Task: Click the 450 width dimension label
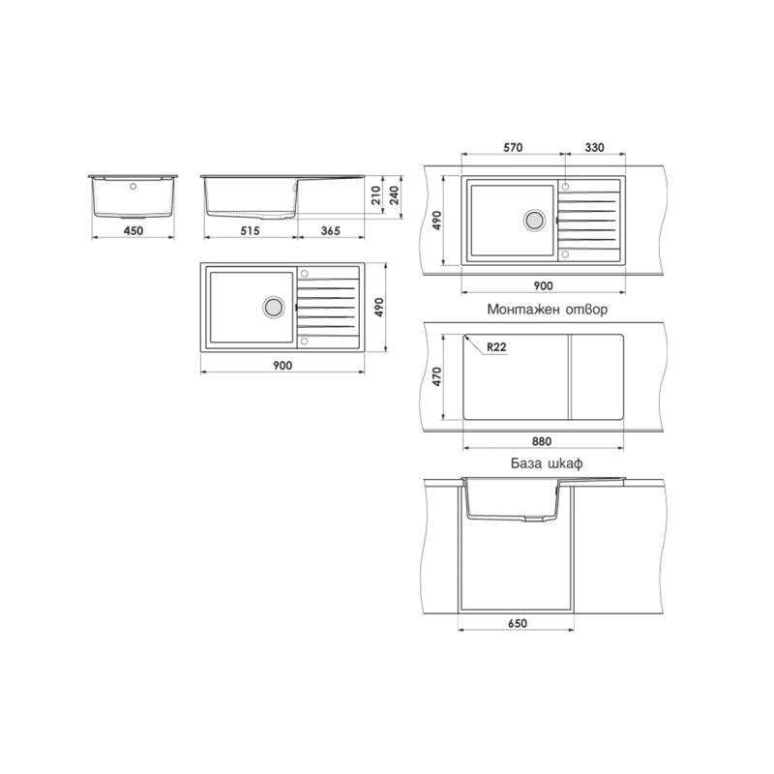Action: pyautogui.click(x=134, y=230)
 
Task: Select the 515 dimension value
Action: pyautogui.click(x=250, y=230)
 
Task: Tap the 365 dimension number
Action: pyautogui.click(x=330, y=230)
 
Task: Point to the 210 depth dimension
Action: pyautogui.click(x=376, y=195)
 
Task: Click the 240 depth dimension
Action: pyautogui.click(x=394, y=195)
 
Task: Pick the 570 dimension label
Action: pyautogui.click(x=513, y=147)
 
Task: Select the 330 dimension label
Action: pyautogui.click(x=594, y=147)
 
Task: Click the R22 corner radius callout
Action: pyautogui.click(x=496, y=347)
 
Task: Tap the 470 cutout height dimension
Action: pyautogui.click(x=436, y=376)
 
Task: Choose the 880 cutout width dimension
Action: pyautogui.click(x=542, y=441)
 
